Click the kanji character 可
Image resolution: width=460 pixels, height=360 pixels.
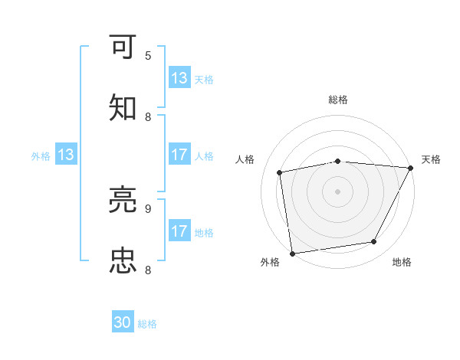pos(123,47)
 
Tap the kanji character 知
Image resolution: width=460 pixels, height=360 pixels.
pos(123,108)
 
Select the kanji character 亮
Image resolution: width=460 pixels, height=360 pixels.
pos(123,201)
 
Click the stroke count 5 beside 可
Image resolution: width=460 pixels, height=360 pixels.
pos(148,55)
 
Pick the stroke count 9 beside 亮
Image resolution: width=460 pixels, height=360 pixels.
pos(148,208)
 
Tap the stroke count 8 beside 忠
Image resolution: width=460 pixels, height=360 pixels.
pos(148,269)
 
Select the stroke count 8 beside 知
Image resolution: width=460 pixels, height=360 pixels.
pos(148,116)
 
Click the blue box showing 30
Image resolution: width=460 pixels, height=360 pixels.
pos(123,323)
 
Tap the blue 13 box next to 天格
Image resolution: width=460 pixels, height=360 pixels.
pos(179,78)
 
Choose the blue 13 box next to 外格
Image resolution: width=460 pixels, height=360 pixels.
pos(66,155)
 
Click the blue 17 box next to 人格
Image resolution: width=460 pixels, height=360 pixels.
pos(179,155)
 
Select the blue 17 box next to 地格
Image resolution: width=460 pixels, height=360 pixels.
pos(179,231)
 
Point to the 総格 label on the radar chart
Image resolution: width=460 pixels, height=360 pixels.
pos(337,100)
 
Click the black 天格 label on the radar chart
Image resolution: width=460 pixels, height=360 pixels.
pos(431,159)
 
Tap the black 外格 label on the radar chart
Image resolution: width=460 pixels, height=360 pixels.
pos(270,262)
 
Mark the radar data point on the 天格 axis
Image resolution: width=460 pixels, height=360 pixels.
pos(411,168)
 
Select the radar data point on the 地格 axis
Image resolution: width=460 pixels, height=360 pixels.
pos(374,242)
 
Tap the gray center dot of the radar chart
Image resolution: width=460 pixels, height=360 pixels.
pos(337,191)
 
